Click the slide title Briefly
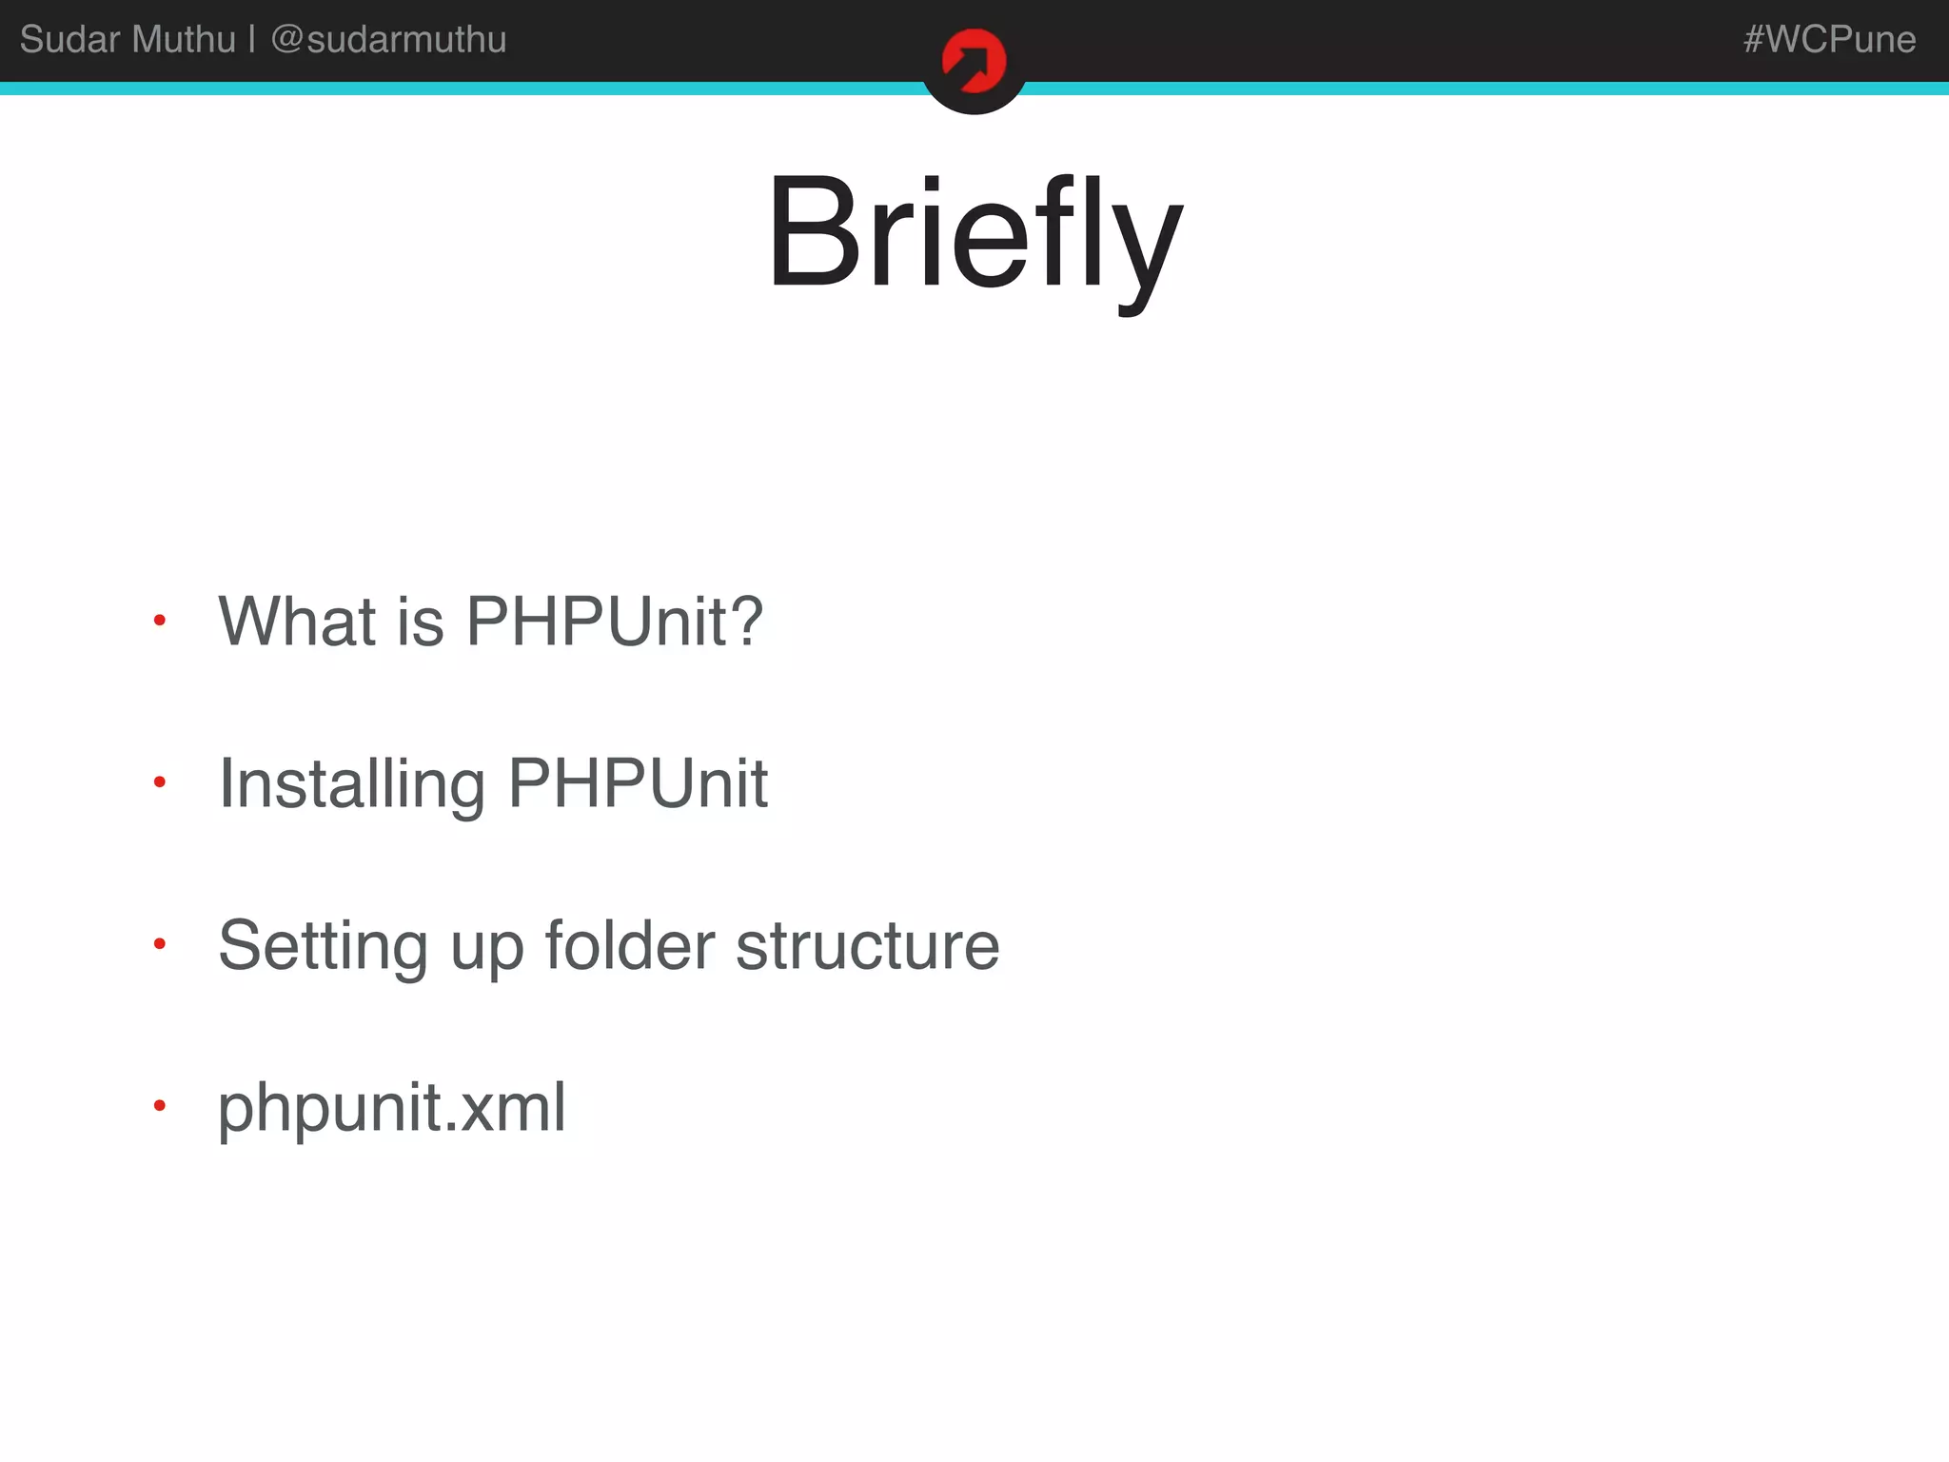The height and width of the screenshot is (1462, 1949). point(974,233)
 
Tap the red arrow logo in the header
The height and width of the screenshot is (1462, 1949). point(974,62)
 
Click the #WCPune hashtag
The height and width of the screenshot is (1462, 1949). point(1829,39)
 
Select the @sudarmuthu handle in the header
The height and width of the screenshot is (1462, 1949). point(388,39)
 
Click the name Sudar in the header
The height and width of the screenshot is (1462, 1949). point(69,39)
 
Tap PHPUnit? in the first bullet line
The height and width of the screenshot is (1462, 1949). point(615,621)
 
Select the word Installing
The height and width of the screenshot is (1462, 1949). point(352,783)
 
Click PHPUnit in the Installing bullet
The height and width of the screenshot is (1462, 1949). point(638,783)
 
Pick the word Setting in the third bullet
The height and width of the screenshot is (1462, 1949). point(323,945)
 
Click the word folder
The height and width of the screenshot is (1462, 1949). point(629,945)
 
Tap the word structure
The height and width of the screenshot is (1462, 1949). point(867,945)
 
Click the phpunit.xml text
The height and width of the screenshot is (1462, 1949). point(392,1108)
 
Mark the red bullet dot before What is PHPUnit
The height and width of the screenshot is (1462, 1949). point(160,621)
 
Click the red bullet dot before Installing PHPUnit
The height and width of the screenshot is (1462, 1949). point(160,782)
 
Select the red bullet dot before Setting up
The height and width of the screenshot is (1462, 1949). point(160,944)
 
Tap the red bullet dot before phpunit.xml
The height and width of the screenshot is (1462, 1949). point(160,1106)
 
